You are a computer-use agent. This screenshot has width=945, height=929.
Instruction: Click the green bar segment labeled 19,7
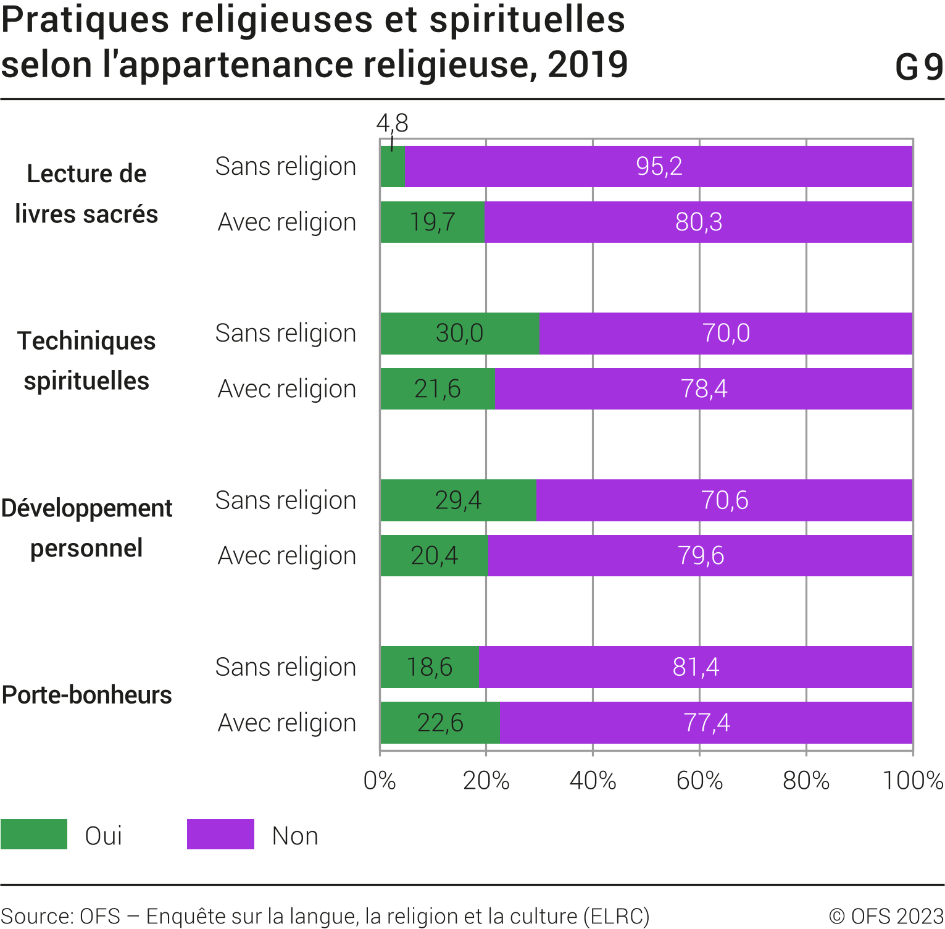433,222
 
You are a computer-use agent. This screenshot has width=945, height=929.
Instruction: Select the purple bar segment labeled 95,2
659,166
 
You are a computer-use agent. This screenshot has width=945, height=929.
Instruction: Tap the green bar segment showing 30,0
460,333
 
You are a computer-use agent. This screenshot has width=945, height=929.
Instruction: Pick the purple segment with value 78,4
704,389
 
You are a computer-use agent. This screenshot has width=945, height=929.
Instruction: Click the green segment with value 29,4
458,500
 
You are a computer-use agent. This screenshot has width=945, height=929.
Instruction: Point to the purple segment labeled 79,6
701,555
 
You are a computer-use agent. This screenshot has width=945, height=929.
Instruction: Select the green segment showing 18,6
430,667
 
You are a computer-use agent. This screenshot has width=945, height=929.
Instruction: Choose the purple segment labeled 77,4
707,723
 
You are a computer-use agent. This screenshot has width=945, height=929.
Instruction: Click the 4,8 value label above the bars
393,123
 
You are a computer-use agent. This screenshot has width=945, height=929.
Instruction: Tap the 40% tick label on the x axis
593,781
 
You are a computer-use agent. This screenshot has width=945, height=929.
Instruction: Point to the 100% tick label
912,781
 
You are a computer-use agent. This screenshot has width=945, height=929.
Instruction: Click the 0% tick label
380,781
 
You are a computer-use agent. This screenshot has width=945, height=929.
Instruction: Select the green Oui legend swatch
34,834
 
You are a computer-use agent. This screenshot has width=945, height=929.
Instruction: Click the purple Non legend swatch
220,834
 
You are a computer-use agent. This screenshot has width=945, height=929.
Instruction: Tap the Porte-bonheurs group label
87,695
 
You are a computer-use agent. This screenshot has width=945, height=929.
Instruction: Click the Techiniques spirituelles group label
86,361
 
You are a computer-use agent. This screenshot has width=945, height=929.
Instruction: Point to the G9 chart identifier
919,67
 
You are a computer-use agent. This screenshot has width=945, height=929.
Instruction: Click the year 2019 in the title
588,65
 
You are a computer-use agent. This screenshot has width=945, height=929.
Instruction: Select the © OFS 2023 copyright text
886,916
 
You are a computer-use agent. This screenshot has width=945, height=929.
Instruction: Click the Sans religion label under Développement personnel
286,500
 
